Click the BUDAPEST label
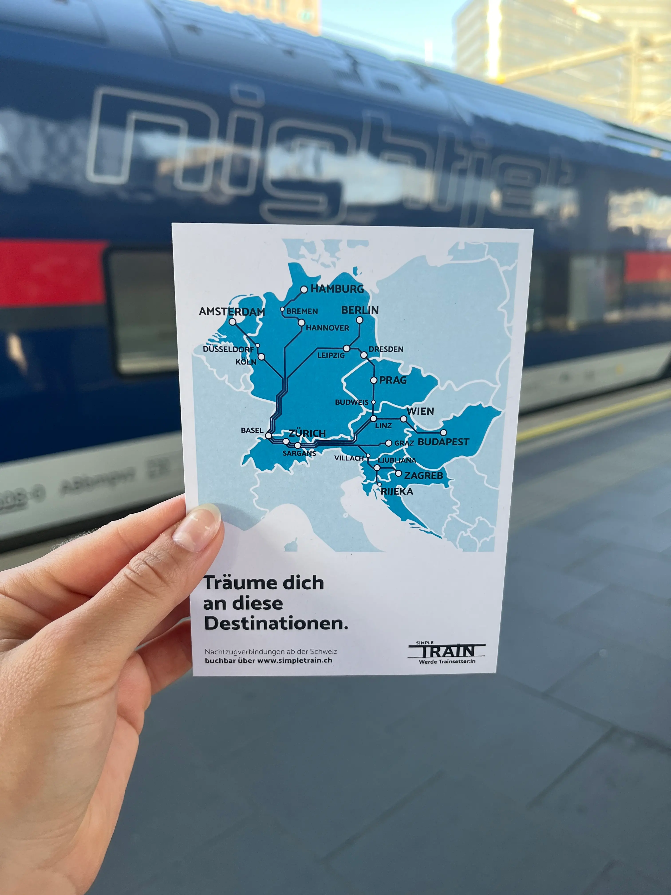click(443, 442)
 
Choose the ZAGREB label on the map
click(423, 475)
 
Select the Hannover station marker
click(301, 323)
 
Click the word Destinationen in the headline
click(276, 624)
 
